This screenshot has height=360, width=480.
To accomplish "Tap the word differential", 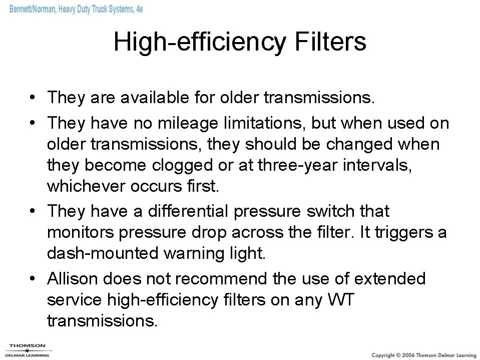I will pyautogui.click(x=185, y=211).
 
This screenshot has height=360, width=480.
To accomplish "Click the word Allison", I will pyautogui.click(x=75, y=278).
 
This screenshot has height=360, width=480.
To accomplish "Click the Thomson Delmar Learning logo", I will pyautogui.click(x=27, y=349).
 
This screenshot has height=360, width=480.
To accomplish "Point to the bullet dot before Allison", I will pyautogui.click(x=32, y=279).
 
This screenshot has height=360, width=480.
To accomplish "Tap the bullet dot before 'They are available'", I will pyautogui.click(x=32, y=97).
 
